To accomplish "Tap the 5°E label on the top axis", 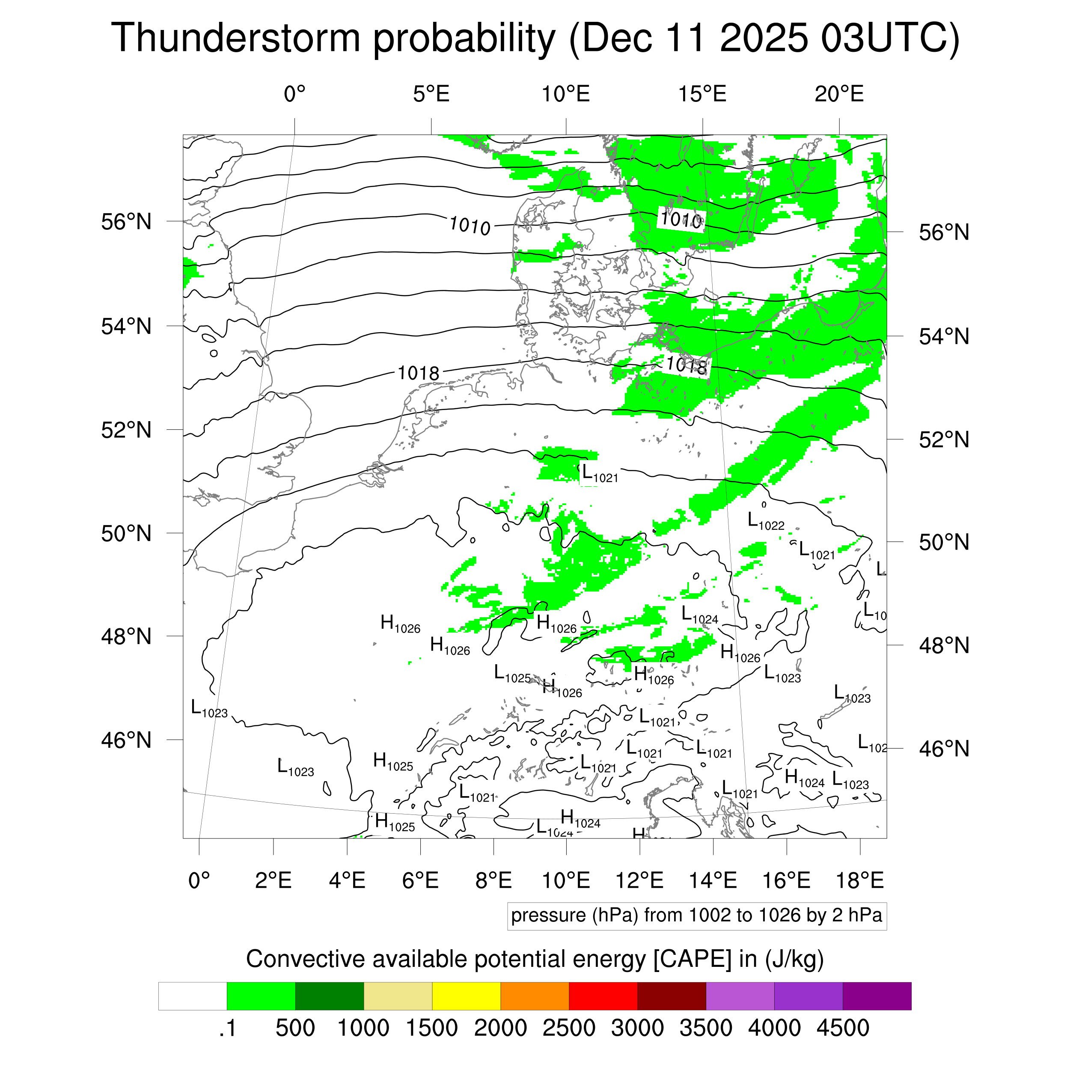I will [431, 94].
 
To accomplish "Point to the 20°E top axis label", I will [838, 94].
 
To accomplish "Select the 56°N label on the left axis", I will [126, 222].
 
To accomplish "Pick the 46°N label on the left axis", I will [126, 740].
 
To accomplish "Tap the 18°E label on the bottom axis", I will [859, 880].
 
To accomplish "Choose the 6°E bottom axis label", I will [420, 880].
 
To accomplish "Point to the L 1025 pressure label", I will [512, 674].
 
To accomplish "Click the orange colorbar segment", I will [535, 996].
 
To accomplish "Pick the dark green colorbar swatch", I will [329, 996].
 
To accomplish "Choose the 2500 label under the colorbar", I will [569, 1028].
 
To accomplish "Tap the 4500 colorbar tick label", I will [842, 1028].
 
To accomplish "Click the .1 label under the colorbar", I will [228, 1028].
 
